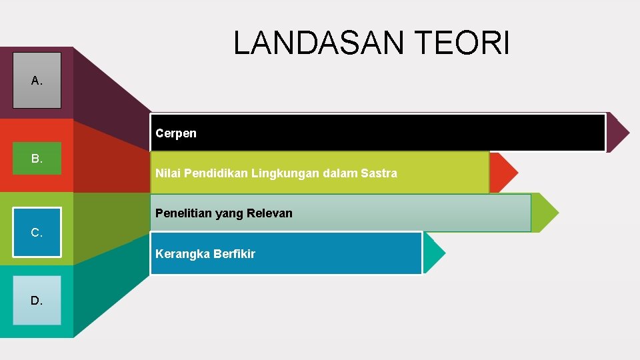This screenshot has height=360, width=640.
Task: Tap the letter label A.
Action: (x=37, y=81)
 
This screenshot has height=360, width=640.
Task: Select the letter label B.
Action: (x=37, y=159)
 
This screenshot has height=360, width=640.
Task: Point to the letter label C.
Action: (x=37, y=233)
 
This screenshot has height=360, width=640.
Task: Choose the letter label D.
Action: (x=37, y=301)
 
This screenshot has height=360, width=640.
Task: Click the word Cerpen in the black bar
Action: (x=176, y=133)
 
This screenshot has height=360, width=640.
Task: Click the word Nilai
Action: (x=167, y=173)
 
